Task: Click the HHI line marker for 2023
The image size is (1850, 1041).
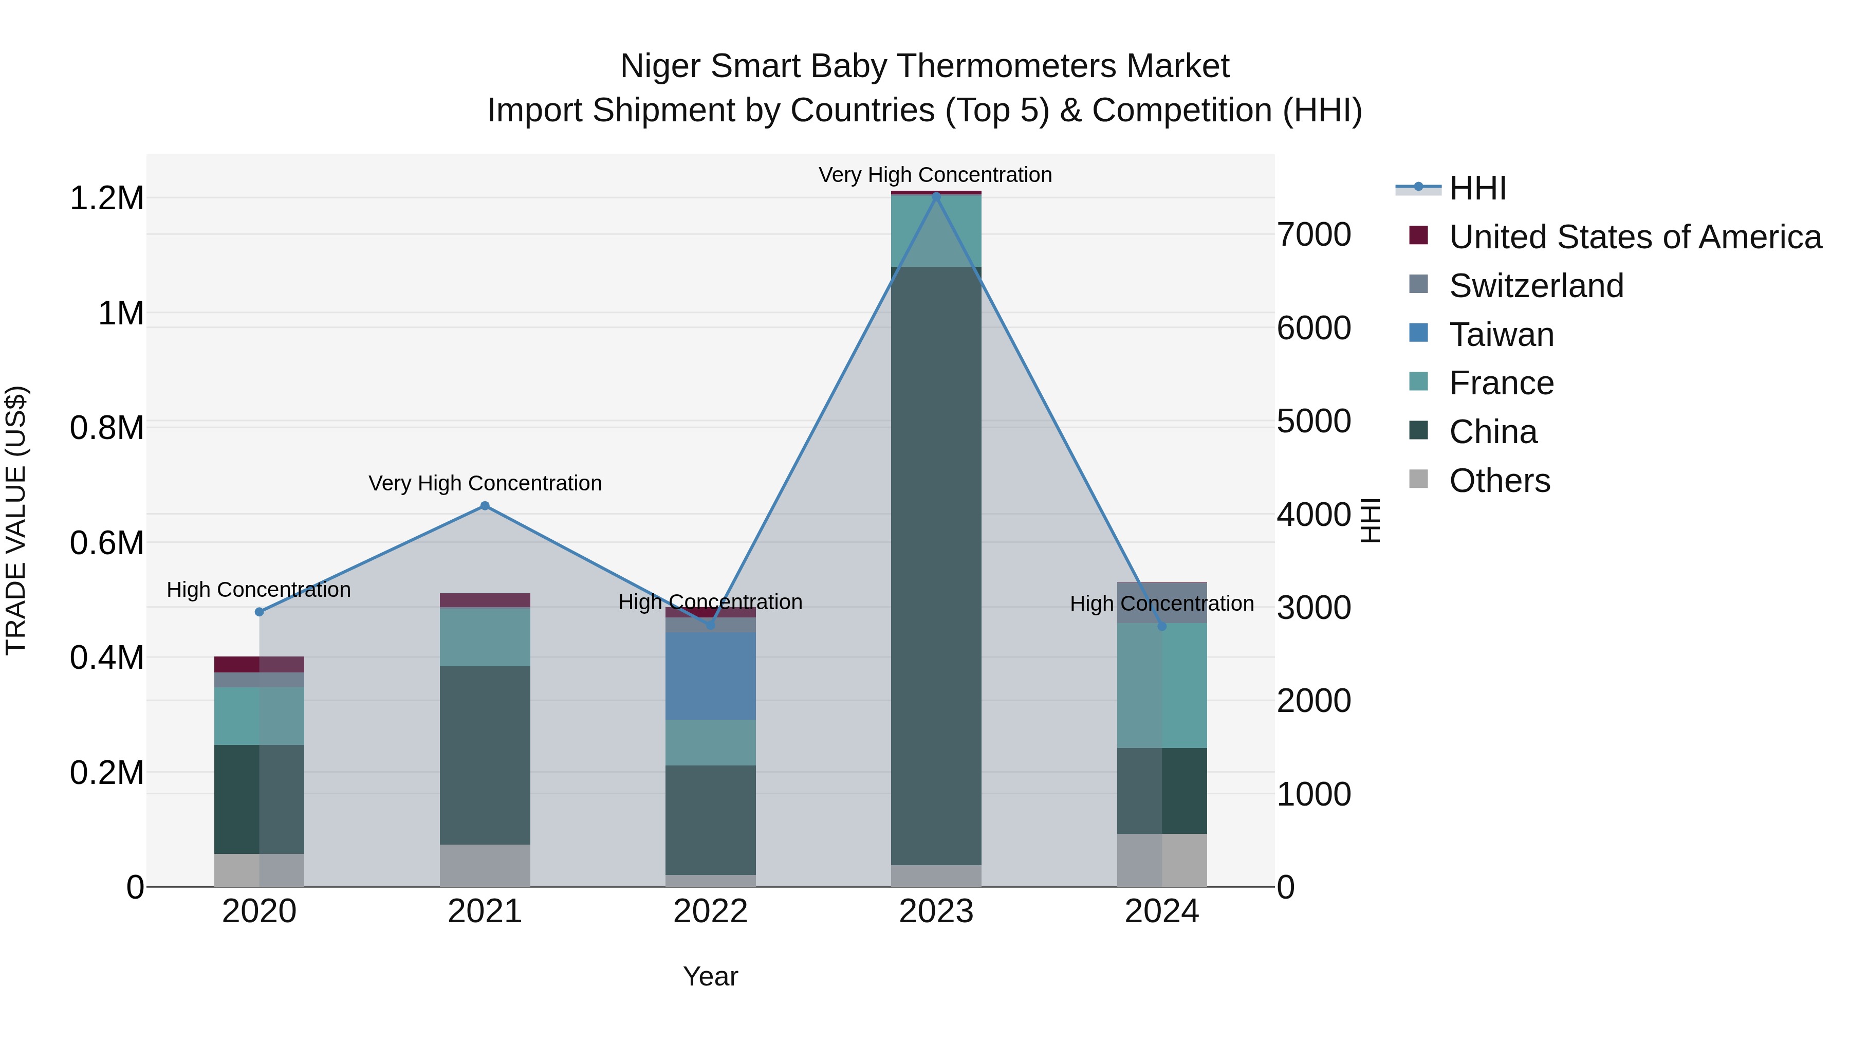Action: coord(936,195)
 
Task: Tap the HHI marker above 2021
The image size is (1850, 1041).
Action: coord(485,506)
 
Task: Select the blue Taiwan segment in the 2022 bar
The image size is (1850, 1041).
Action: coord(710,676)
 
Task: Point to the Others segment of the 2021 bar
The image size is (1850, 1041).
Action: coord(485,866)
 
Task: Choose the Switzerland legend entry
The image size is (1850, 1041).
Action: coord(1536,286)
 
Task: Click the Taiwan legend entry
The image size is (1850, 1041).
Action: coord(1501,335)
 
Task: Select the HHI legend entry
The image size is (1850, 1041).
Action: coord(1477,188)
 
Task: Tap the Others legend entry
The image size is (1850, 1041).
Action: coord(1499,481)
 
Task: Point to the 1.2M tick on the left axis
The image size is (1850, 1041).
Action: coord(106,198)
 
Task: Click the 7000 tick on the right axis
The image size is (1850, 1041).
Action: coord(1313,235)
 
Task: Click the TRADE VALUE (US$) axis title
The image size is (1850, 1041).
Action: coord(16,520)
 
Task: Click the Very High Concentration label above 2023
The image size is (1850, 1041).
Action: coord(935,175)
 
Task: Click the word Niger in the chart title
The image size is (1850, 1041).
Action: coord(659,66)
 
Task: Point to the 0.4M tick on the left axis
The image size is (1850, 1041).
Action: coord(106,658)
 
